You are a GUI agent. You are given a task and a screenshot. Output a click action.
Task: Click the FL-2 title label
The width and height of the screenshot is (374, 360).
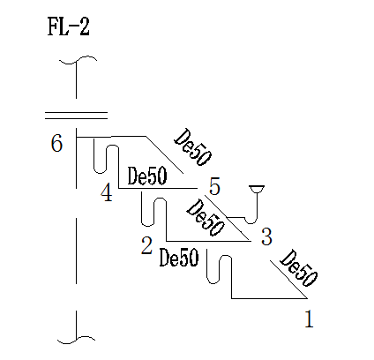(68, 27)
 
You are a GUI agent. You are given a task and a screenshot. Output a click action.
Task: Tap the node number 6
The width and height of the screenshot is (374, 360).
(56, 143)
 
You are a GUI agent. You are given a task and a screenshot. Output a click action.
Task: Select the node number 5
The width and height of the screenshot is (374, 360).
(214, 187)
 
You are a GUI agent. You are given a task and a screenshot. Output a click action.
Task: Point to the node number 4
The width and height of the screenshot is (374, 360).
(107, 193)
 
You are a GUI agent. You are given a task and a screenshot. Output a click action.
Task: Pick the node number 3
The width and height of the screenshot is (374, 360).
(266, 236)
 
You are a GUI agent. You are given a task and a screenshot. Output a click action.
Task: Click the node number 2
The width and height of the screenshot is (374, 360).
(146, 245)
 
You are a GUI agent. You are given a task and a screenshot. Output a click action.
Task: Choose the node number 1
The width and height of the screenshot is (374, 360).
(309, 319)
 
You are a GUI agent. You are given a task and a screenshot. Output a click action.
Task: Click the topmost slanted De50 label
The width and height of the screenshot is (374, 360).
(192, 146)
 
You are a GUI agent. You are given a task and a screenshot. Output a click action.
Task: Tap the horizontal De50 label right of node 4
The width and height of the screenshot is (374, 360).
(147, 176)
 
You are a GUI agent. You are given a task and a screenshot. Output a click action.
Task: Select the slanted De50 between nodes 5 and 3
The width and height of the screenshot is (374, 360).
(206, 217)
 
